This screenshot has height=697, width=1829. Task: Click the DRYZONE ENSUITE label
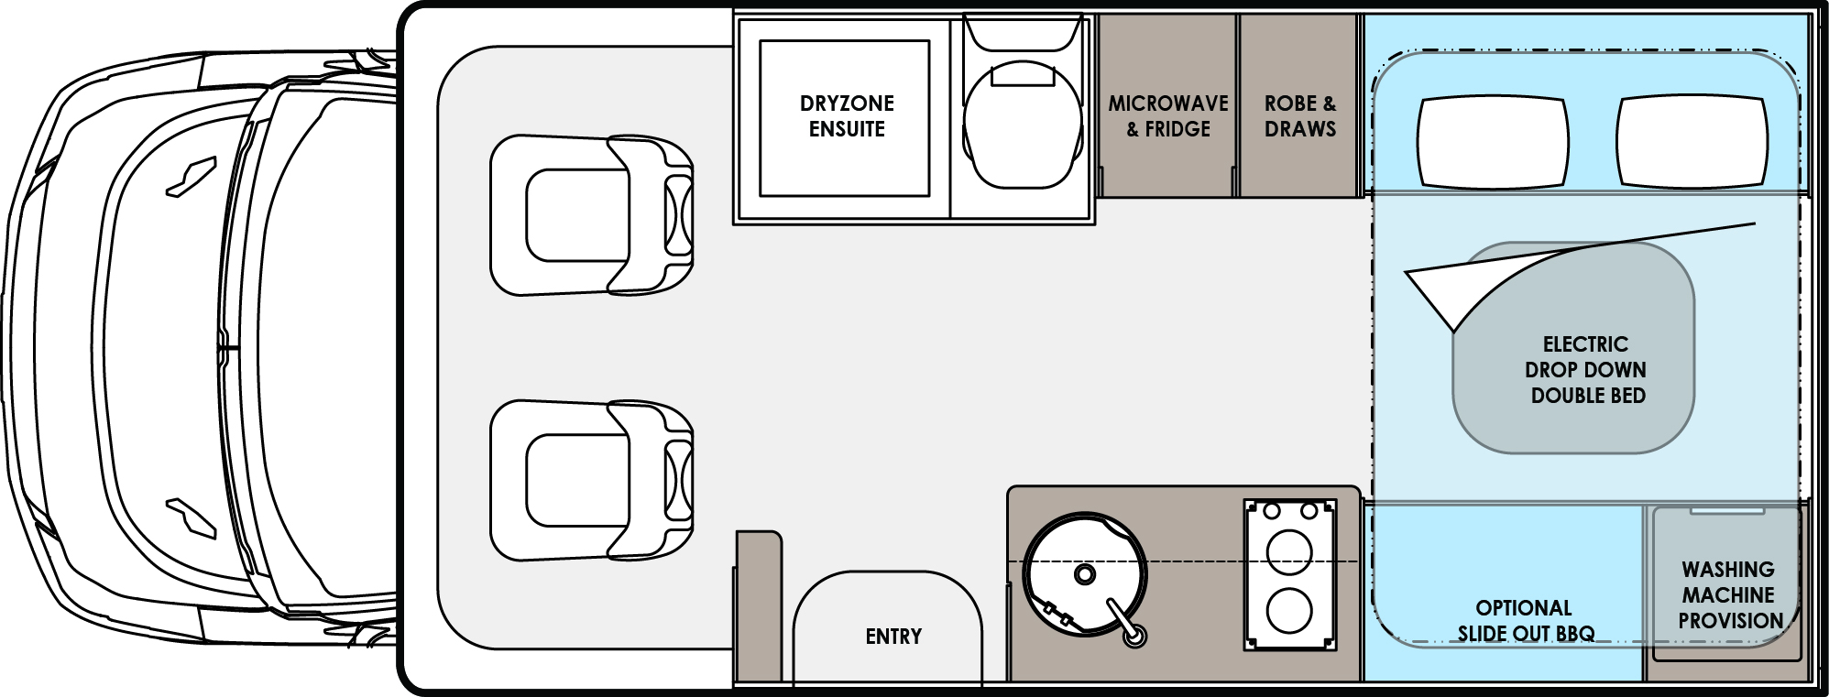tap(846, 116)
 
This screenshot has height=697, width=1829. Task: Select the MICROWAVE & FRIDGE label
tap(1167, 116)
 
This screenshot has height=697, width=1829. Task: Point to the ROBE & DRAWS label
tap(1299, 116)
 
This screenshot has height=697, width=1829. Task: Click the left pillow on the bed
tap(1492, 142)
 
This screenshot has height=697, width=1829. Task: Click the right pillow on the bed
tap(1692, 142)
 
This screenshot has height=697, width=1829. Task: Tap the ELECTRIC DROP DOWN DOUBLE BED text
tap(1585, 370)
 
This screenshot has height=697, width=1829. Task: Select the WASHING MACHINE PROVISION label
tap(1729, 594)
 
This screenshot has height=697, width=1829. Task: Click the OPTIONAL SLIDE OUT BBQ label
tap(1525, 620)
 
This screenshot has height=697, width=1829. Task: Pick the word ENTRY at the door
tap(893, 636)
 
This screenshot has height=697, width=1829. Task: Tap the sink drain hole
tap(1085, 575)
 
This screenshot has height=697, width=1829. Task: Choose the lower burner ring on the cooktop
tap(1289, 607)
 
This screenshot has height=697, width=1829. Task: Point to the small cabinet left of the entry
tap(758, 604)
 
